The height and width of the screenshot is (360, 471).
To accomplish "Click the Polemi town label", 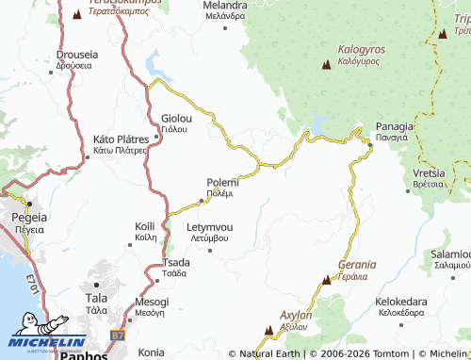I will pos(222,183).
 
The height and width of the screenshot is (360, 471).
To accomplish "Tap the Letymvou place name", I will pos(210,228).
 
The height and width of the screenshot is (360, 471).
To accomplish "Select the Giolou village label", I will pos(176,119).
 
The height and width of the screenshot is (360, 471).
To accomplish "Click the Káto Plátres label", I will pos(119,139).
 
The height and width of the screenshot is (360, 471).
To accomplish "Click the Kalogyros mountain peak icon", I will pos(327,65).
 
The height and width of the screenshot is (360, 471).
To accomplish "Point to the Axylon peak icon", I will pos(269,330).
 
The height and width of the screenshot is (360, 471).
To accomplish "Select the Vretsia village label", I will pos(429,174).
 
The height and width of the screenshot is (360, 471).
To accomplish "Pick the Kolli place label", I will pos(145,227).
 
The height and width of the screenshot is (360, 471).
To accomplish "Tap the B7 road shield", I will pos(118,335).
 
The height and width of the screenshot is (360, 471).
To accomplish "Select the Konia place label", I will pos(151,352).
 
